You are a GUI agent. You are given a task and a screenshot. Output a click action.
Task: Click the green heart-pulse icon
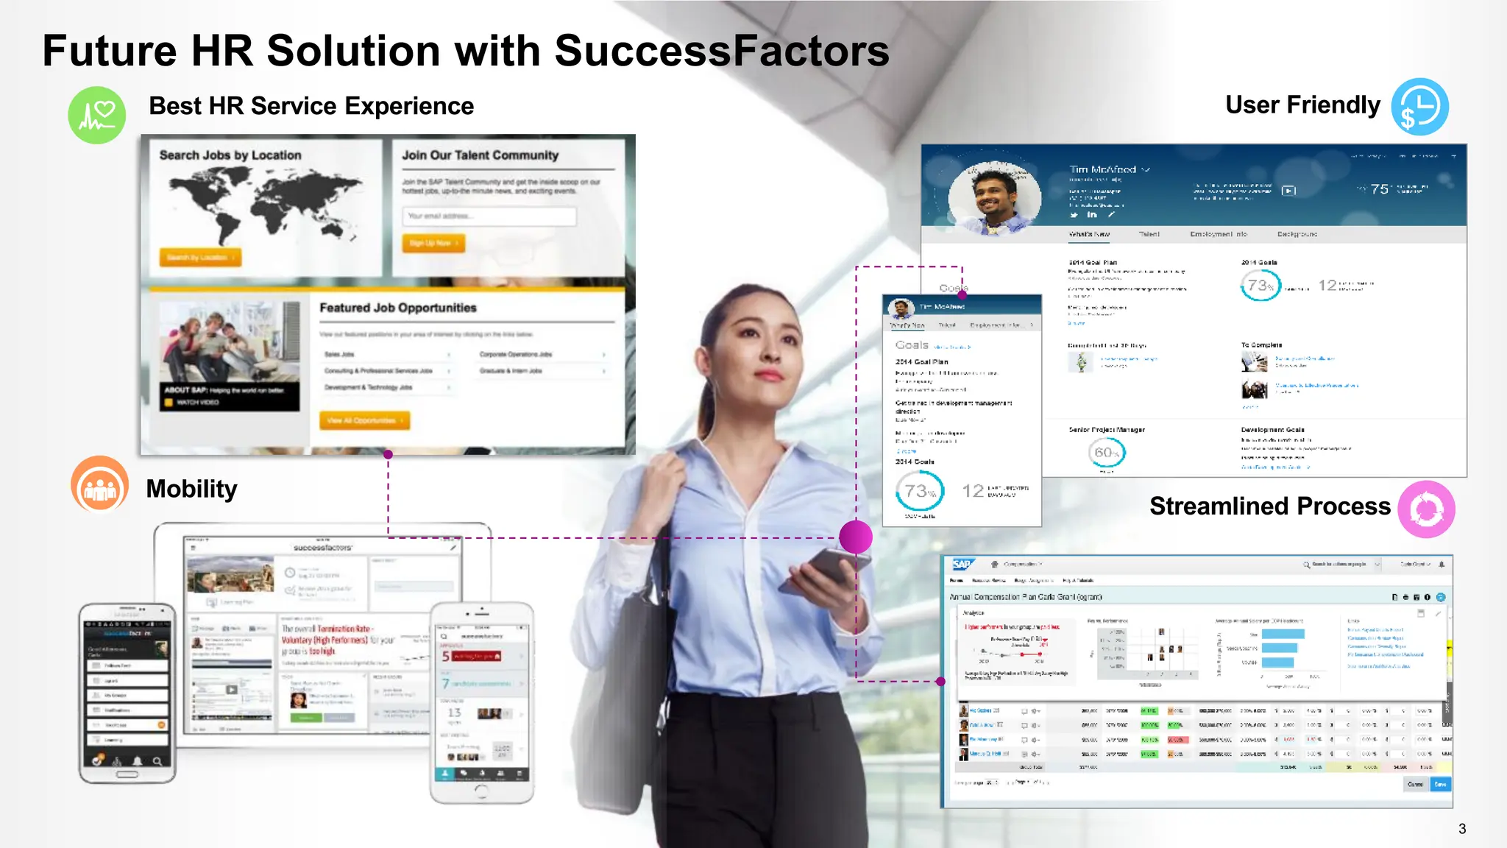coord(97,115)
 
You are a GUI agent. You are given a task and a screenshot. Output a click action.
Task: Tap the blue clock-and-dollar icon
coord(1419,107)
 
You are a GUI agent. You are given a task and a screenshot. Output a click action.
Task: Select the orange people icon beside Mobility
coord(100,485)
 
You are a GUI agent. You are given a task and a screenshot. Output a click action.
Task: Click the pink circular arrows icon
coord(1426,509)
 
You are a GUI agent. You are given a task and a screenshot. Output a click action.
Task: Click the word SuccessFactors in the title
coord(722,51)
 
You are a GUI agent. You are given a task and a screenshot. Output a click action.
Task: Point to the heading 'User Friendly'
coord(1302,105)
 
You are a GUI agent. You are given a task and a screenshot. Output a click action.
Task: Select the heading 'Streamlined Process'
coord(1269,506)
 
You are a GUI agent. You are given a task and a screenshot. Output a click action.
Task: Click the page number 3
coord(1462,829)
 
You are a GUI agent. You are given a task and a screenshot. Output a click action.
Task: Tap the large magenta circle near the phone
coord(856,537)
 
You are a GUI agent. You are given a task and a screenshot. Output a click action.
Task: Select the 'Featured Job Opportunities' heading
coord(397,308)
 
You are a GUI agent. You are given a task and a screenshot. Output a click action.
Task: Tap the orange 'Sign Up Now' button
coord(433,243)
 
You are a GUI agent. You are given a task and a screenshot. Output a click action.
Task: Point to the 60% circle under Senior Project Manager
coord(1106,453)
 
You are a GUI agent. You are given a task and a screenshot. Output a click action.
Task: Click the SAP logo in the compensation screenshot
coord(962,565)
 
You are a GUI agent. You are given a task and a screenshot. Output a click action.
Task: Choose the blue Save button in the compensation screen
coord(1440,785)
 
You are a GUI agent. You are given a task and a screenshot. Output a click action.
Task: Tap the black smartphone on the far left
coord(127,692)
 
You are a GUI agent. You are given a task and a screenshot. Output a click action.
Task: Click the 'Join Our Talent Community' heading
coord(480,155)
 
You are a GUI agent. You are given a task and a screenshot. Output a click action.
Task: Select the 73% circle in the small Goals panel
coord(919,491)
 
